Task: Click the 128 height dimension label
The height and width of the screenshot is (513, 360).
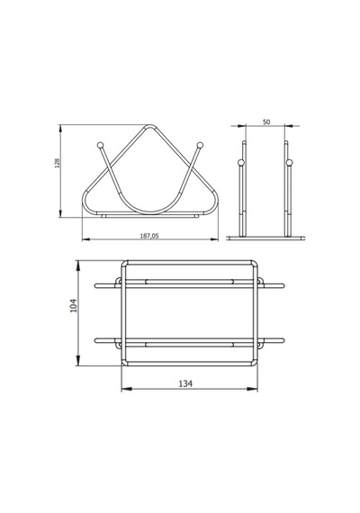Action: point(58,163)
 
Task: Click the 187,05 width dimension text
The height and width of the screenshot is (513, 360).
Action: point(149,236)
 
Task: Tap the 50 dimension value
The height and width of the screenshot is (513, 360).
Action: point(266,122)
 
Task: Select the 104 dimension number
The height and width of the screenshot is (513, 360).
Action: point(74,306)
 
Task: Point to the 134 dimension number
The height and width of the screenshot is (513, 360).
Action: point(185,383)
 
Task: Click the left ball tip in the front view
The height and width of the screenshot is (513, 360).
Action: point(101,145)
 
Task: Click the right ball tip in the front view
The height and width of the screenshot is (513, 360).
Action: point(200,145)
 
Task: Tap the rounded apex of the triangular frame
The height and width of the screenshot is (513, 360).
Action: point(150,126)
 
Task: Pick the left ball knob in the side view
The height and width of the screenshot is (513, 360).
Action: point(240,162)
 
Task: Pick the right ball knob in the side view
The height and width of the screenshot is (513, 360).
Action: point(289,162)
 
